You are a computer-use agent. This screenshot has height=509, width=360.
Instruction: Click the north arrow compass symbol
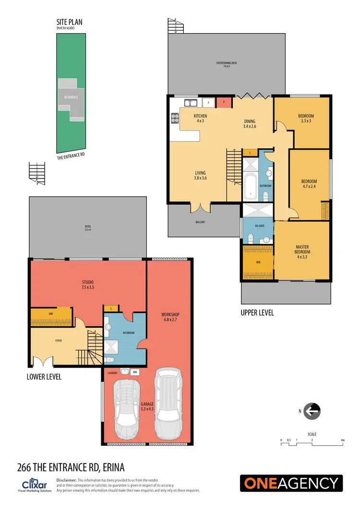click(312, 411)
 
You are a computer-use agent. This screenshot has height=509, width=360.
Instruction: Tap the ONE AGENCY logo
click(292, 483)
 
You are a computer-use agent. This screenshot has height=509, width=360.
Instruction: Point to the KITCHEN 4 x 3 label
click(200, 118)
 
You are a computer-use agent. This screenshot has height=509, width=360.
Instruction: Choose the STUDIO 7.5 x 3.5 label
click(87, 284)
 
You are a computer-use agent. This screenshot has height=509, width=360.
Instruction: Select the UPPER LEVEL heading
click(257, 312)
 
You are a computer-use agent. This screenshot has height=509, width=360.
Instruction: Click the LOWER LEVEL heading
click(44, 377)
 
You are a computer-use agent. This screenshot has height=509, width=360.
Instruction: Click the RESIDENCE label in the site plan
click(71, 97)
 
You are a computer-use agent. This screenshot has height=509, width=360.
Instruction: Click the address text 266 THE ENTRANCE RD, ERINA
click(71, 467)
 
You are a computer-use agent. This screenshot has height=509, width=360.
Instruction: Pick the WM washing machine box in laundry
click(135, 371)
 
